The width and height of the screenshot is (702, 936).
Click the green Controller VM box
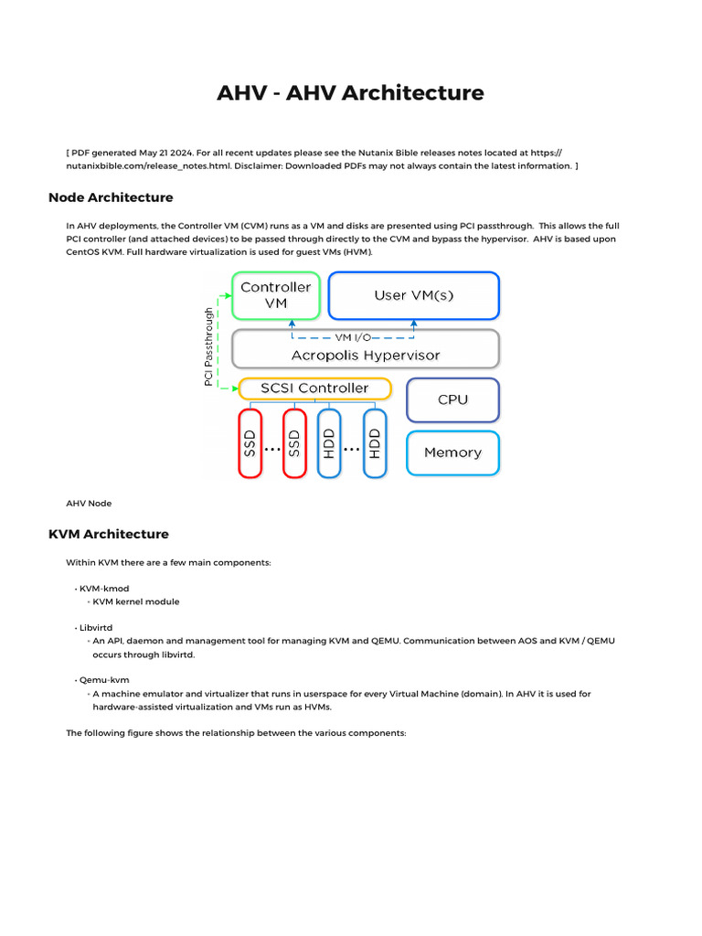[x=275, y=295]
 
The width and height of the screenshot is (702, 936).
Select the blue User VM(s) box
[x=414, y=295]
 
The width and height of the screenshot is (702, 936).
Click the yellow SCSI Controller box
[x=314, y=388]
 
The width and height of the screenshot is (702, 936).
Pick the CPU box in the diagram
[x=452, y=399]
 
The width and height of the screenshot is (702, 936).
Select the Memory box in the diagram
[x=452, y=452]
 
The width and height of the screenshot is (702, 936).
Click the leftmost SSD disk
[x=250, y=443]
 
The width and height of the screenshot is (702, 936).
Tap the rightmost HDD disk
[x=375, y=443]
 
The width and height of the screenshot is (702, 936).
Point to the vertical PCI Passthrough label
[x=209, y=346]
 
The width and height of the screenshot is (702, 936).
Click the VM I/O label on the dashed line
[x=353, y=337]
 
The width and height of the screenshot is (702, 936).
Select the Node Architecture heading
[x=110, y=197]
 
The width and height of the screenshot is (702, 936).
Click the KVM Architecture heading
[x=108, y=534]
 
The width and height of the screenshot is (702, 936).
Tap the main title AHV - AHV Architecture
[x=350, y=93]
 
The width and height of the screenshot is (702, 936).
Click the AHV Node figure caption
[x=89, y=503]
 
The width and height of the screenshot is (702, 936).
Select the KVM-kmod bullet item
[x=99, y=590]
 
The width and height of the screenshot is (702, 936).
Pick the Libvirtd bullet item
[x=95, y=629]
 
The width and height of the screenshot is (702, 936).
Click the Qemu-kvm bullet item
[x=100, y=681]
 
